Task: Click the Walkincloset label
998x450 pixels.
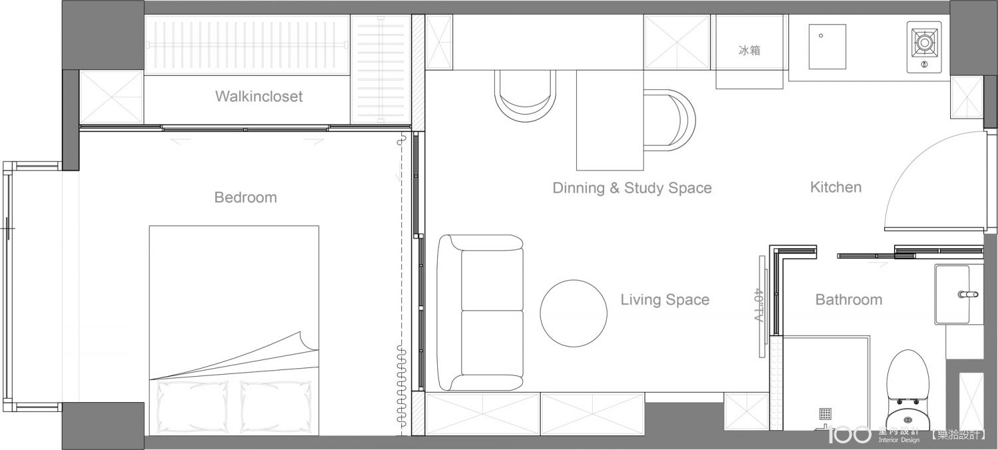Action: click(259, 97)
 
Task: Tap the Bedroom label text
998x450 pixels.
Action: click(246, 197)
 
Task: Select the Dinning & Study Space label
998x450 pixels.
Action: click(632, 188)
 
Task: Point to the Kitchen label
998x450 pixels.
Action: click(836, 187)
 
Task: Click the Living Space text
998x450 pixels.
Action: click(665, 300)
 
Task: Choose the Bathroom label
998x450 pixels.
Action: click(849, 300)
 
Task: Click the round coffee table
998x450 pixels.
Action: click(574, 313)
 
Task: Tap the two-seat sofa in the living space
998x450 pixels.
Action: click(480, 313)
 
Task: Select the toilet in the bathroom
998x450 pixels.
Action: click(908, 390)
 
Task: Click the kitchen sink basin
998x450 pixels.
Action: click(828, 47)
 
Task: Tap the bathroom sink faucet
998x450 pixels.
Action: click(968, 294)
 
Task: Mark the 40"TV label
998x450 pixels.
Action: click(758, 306)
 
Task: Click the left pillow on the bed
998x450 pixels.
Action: click(192, 406)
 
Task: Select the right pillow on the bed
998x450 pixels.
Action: click(276, 406)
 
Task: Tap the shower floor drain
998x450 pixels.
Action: click(825, 414)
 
